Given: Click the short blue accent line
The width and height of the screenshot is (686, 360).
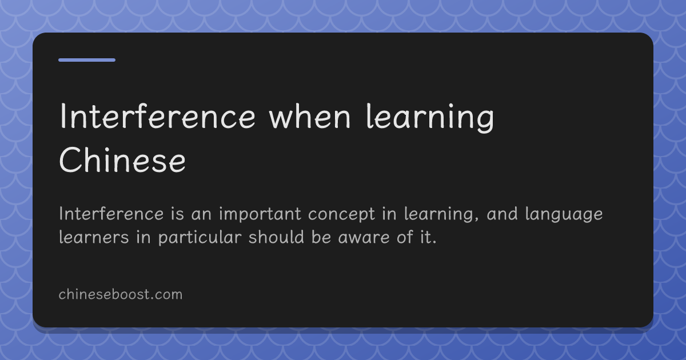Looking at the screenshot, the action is tap(87, 60).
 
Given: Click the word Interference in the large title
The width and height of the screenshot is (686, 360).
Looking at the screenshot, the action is tap(157, 117).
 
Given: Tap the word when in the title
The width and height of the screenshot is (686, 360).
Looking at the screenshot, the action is tap(310, 117).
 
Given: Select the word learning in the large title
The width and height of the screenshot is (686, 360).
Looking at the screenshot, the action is tap(430, 118).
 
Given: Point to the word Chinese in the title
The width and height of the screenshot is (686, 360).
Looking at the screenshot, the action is tap(122, 160).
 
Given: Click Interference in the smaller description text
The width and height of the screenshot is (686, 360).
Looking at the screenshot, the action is tap(111, 214).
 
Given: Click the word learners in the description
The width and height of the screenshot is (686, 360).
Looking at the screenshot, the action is tap(94, 237).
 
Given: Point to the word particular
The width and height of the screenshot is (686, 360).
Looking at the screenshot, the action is tap(200, 238).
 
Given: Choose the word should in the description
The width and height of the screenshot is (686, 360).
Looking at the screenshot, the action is tap(276, 237).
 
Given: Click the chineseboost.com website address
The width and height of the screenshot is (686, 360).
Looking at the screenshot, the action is tap(121, 294).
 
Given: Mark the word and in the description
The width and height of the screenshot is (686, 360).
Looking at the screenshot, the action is tap(502, 214).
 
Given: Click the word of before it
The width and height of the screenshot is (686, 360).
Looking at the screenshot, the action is tap(405, 237).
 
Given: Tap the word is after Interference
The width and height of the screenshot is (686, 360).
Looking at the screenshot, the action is tap(178, 214).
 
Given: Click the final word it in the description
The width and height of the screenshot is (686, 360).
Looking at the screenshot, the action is tap(428, 237).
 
